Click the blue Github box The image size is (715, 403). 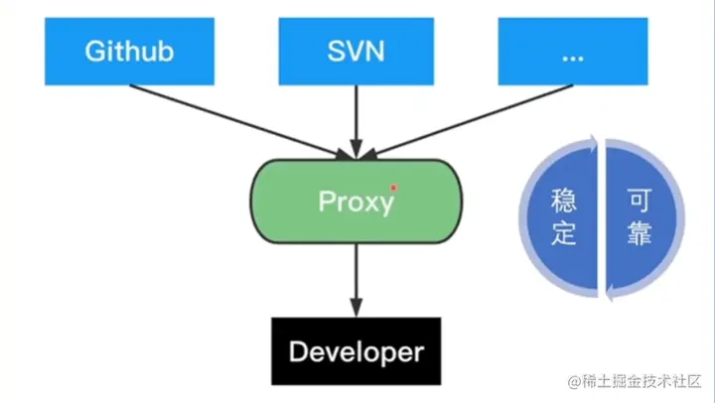[x=130, y=51]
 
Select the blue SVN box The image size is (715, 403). [x=355, y=51]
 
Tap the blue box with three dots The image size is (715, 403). [x=573, y=51]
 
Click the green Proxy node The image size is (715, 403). [x=355, y=201]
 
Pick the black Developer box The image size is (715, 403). [x=356, y=351]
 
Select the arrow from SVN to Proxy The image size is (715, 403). [x=355, y=119]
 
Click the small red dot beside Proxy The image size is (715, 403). [x=394, y=187]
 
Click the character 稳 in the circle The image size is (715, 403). [x=563, y=201]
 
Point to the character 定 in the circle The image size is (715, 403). [x=563, y=235]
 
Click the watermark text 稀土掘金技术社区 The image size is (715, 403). [x=640, y=382]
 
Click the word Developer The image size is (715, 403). [x=356, y=351]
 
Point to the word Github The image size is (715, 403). [x=130, y=51]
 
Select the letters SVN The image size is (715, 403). [x=355, y=51]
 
